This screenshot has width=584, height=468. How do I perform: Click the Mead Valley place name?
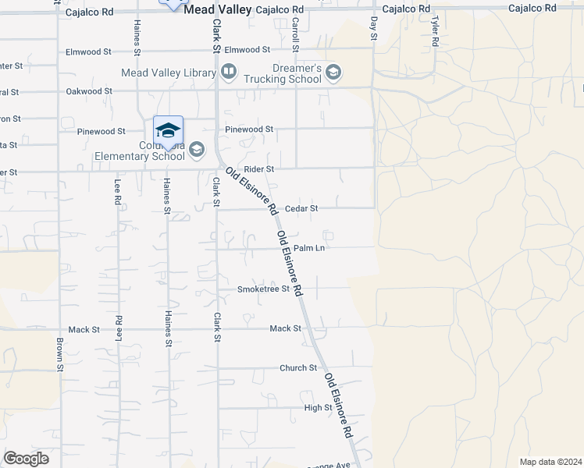point(218,10)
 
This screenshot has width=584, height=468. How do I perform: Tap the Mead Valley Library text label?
point(168,73)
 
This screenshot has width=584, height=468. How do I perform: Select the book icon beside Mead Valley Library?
point(229,73)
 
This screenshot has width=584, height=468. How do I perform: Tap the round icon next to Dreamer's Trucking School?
point(333,73)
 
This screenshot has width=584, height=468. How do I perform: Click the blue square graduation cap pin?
point(168,129)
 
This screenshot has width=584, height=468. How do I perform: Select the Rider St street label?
point(259,168)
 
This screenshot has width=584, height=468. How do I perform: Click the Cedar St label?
point(302,208)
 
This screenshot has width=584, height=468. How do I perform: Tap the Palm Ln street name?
point(309,249)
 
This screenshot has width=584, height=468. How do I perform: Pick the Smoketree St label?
point(263,289)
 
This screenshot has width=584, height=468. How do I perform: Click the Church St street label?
point(298,367)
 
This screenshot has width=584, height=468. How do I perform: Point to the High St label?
point(318,408)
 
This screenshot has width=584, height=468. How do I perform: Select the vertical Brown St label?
point(60,353)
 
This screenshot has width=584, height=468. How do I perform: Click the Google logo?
point(26,459)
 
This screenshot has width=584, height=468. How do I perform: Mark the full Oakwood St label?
point(84,91)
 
